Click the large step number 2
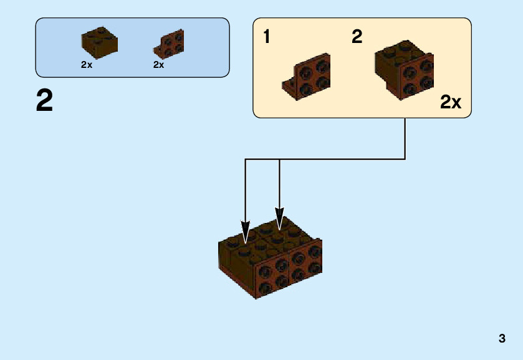(x=44, y=101)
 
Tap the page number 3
(x=502, y=339)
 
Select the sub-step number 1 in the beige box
(x=267, y=37)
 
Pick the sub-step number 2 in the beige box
(x=357, y=37)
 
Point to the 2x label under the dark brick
(x=86, y=65)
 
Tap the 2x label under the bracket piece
(x=158, y=65)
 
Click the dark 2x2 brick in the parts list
(x=99, y=42)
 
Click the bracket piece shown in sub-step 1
(x=309, y=78)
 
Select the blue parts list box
(x=132, y=47)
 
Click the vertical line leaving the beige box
(x=405, y=137)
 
